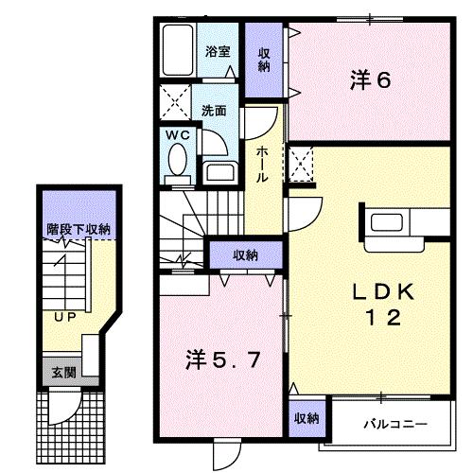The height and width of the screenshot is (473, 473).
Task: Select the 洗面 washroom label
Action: (x=214, y=110)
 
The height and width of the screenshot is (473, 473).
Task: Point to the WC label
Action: (x=179, y=135)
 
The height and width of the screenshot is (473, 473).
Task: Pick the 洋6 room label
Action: (x=370, y=81)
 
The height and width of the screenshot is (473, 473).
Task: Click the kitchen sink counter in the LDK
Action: (x=389, y=225)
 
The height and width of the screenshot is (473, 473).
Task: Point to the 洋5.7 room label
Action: (x=219, y=360)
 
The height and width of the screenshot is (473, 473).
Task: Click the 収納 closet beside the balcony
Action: (x=305, y=418)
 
